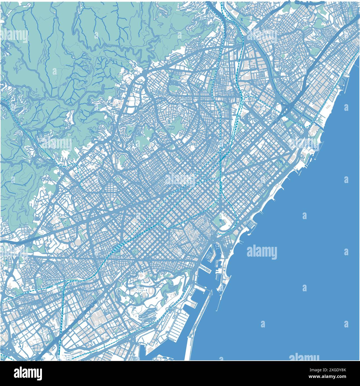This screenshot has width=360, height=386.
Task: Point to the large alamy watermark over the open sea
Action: [262, 252]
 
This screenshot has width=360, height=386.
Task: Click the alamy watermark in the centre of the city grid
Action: [180, 180]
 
